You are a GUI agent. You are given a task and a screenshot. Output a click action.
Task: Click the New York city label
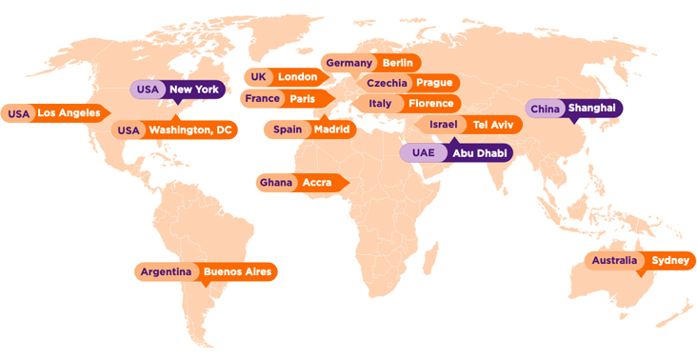click(194, 90)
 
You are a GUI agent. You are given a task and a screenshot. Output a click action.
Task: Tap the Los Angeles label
click(68, 113)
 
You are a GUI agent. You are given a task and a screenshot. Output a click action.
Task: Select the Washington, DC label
click(190, 130)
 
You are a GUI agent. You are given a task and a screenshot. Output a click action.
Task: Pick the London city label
click(297, 77)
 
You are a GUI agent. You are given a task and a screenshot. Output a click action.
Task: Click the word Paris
click(302, 99)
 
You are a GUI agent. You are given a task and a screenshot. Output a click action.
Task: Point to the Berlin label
click(397, 63)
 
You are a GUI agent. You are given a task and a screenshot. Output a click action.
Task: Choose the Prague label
click(434, 83)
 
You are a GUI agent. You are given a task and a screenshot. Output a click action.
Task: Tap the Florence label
click(430, 104)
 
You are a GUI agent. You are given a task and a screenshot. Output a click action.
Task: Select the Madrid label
click(331, 130)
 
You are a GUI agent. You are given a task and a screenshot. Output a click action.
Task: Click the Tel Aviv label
click(493, 125)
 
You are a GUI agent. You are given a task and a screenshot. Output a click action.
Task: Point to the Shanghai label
click(592, 109)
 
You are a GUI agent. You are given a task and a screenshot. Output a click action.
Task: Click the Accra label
click(317, 182)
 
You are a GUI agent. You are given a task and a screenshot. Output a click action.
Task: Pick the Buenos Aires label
click(237, 272)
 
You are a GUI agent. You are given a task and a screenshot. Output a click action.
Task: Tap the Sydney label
click(670, 261)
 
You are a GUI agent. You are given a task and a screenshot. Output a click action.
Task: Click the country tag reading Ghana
click(276, 182)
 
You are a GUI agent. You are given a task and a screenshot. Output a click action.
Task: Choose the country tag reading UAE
click(423, 152)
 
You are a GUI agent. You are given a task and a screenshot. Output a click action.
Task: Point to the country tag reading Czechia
click(387, 83)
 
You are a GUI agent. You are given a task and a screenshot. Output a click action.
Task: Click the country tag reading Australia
click(614, 261)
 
